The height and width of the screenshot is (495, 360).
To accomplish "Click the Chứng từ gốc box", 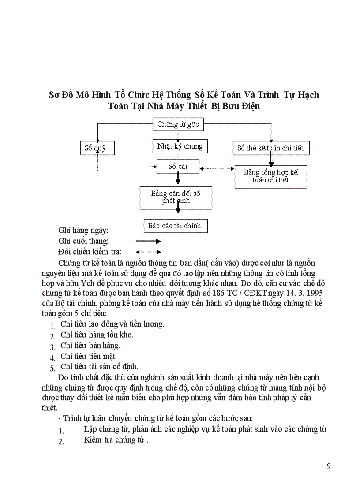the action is tap(178, 124).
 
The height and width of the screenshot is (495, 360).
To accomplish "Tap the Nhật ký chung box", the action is tap(180, 146).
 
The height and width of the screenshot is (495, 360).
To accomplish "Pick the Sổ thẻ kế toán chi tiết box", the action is tap(271, 148).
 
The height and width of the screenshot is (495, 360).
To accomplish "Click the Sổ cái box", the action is tap(178, 166).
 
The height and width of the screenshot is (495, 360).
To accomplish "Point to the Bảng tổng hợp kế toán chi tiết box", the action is tap(270, 176).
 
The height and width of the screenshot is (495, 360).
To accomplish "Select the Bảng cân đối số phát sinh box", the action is tap(176, 197).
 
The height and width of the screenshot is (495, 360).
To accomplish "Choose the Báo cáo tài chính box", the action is tap(175, 226).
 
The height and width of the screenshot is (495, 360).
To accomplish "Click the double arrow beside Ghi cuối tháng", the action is tap(148, 242).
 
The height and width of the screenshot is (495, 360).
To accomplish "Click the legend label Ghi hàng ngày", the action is tap(83, 230).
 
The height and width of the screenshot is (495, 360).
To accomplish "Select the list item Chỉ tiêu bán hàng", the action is tap(90, 345).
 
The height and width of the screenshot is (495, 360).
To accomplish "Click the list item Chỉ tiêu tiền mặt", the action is tap(89, 356).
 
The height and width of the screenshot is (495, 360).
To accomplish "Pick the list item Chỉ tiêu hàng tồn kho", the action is tap(97, 335).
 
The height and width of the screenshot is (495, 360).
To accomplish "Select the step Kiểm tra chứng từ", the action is tap(116, 440).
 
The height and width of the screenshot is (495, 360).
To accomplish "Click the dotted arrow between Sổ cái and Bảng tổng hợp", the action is tap(217, 168).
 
